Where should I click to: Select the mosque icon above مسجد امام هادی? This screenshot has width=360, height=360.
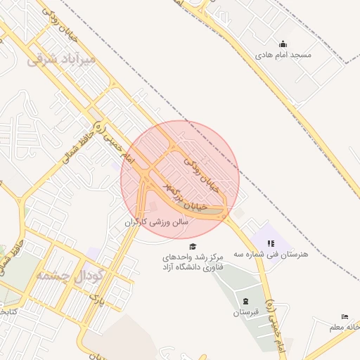tap(283, 43)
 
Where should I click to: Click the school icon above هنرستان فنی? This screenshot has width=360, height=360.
tap(270, 243)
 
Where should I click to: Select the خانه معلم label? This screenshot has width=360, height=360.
tap(344, 328)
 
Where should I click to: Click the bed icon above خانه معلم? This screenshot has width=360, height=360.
tap(345, 317)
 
